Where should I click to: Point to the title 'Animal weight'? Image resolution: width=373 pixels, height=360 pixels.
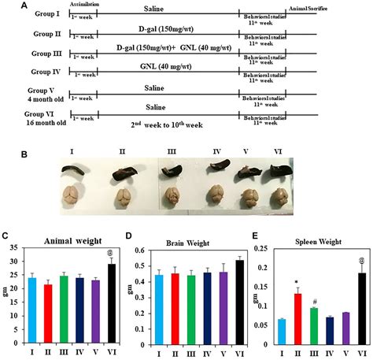pos(66,242)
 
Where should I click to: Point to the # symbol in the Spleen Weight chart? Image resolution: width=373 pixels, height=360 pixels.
pos(311,301)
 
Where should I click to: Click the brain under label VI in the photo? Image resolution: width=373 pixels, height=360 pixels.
pos(282,195)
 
